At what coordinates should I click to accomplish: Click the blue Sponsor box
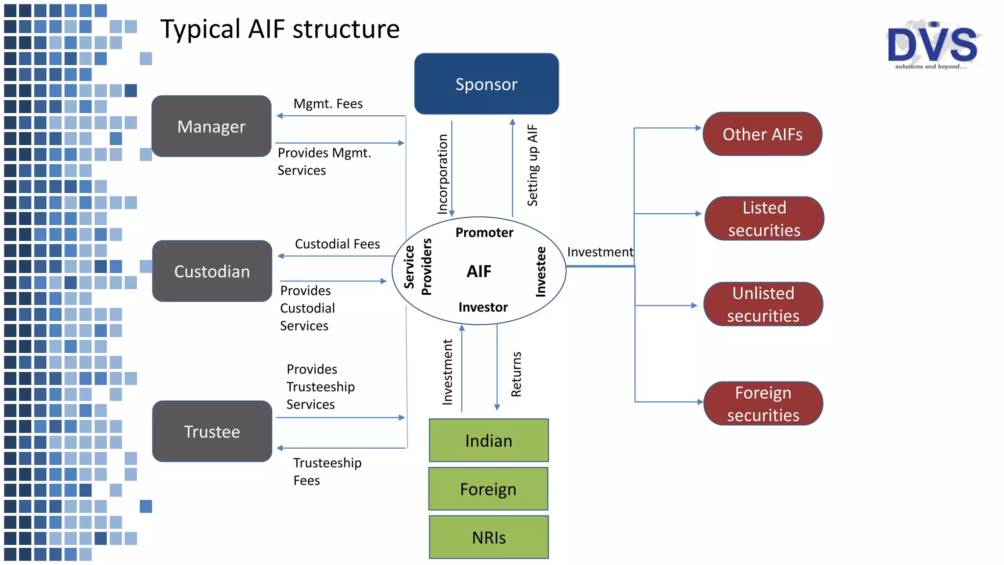(486, 84)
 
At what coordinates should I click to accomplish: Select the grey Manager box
(211, 127)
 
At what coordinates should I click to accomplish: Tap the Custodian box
(212, 271)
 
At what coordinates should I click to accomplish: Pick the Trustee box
(212, 432)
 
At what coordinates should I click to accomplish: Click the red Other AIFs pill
(762, 134)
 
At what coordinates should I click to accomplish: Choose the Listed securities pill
(764, 219)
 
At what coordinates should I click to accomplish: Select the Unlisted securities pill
(763, 304)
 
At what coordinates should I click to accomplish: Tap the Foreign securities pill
(763, 404)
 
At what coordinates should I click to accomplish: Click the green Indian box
(489, 440)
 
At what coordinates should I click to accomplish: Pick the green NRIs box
(489, 537)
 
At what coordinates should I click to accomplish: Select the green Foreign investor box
(488, 489)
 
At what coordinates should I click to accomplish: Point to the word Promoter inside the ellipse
(484, 232)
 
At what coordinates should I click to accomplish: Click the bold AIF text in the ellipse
(479, 271)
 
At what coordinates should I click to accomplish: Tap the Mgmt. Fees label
(328, 104)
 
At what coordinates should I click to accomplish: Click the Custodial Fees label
(337, 244)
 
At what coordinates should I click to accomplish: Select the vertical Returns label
(516, 374)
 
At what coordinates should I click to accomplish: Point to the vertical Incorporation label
(443, 174)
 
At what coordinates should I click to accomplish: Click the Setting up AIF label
(532, 165)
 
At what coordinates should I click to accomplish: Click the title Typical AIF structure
(280, 29)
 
